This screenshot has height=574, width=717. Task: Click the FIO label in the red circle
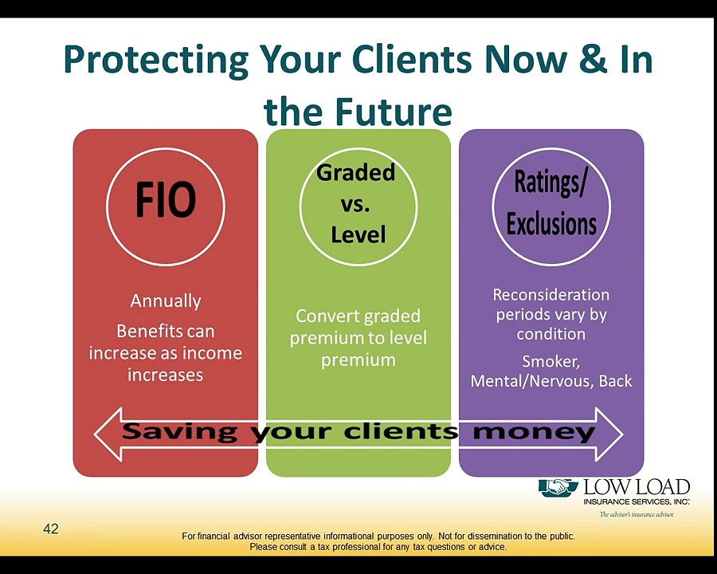(x=166, y=199)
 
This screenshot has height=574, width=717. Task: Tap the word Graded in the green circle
(x=356, y=172)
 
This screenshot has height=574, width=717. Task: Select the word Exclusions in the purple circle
(x=551, y=223)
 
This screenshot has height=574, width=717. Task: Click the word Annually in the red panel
(x=166, y=301)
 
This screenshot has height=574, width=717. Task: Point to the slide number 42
(x=51, y=529)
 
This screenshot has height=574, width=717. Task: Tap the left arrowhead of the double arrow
(x=108, y=434)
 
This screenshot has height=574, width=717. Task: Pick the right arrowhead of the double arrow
(x=609, y=434)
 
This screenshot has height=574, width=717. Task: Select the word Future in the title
(x=394, y=112)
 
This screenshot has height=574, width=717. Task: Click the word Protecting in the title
(x=156, y=61)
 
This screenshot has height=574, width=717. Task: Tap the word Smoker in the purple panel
(x=551, y=362)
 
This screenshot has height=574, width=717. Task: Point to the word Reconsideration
(x=551, y=295)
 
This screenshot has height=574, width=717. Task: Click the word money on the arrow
(x=534, y=431)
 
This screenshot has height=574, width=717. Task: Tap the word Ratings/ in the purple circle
(x=550, y=183)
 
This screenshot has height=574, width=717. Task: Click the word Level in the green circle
(x=358, y=234)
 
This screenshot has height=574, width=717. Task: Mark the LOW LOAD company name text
(x=637, y=487)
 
